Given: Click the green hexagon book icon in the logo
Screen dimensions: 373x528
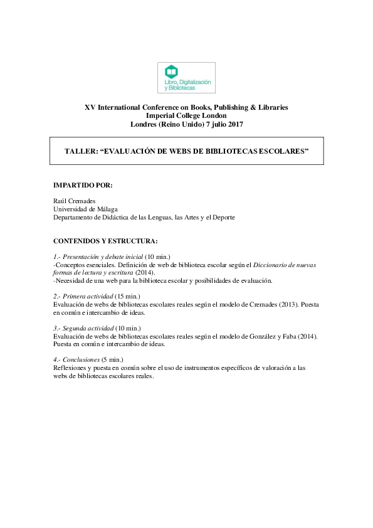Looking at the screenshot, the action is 171,71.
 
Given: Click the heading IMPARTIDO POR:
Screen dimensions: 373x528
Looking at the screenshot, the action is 83,186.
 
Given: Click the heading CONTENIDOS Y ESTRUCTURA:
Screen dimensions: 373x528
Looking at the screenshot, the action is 97,240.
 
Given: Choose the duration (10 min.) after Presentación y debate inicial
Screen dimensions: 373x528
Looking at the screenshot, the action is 157,256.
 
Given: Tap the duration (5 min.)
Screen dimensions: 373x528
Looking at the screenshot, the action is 113,360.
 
